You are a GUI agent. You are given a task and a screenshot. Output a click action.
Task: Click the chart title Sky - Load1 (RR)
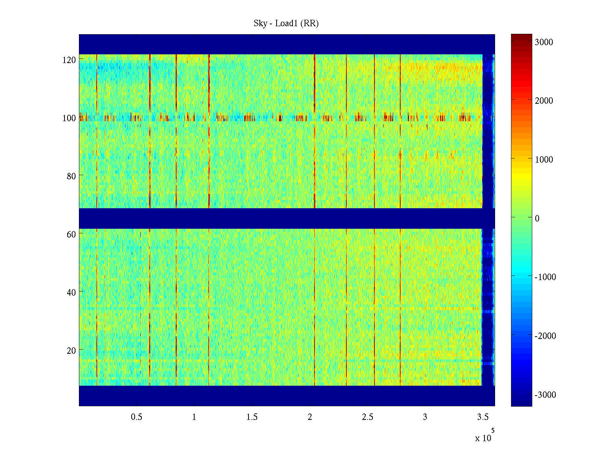(286, 24)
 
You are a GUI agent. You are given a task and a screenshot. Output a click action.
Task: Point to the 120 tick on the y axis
(69, 60)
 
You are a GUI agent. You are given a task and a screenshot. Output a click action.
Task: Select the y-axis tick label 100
(69, 118)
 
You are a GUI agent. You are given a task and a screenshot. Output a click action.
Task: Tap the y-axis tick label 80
(71, 176)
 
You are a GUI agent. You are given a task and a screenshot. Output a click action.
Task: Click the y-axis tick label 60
(71, 234)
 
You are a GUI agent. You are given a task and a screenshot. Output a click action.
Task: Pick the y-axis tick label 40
(71, 292)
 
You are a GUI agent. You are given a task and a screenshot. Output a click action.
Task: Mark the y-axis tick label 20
(71, 350)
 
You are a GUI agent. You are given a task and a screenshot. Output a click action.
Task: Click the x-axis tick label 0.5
(137, 417)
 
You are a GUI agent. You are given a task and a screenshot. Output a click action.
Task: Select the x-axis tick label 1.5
(252, 417)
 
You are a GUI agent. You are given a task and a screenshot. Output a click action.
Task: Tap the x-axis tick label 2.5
(367, 417)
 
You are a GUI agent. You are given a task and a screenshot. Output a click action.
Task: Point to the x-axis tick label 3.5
(483, 417)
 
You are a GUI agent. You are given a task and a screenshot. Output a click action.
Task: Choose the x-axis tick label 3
(425, 417)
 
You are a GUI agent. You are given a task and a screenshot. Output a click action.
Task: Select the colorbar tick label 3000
(544, 42)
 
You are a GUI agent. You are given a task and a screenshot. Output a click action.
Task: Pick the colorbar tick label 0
(537, 218)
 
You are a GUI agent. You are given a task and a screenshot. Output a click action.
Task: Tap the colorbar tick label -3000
(545, 395)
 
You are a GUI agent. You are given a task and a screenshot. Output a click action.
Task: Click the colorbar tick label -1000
(545, 277)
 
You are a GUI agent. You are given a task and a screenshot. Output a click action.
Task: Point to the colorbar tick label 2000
(544, 101)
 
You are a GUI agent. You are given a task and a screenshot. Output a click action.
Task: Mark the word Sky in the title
(260, 24)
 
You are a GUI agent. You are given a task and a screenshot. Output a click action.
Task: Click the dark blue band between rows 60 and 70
(281, 218)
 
